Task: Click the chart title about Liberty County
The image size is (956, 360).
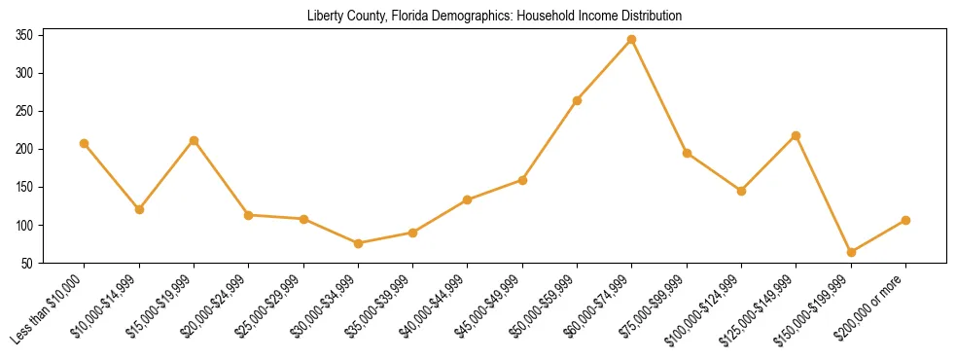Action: click(x=494, y=17)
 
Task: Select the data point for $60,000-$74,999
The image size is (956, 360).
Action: click(x=632, y=40)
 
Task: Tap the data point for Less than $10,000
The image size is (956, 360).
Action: click(x=84, y=143)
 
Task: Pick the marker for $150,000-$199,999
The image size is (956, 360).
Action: click(x=851, y=252)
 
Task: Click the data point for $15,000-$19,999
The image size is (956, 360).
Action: click(x=194, y=140)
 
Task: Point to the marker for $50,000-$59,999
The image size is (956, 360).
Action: click(x=577, y=100)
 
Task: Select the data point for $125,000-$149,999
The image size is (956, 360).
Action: click(x=797, y=135)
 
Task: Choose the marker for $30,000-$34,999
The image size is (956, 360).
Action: click(x=358, y=243)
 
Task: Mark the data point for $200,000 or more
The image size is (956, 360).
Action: click(x=905, y=220)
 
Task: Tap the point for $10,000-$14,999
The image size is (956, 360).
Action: click(x=139, y=209)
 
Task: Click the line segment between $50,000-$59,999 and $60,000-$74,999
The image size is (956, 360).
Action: click(x=605, y=70)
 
